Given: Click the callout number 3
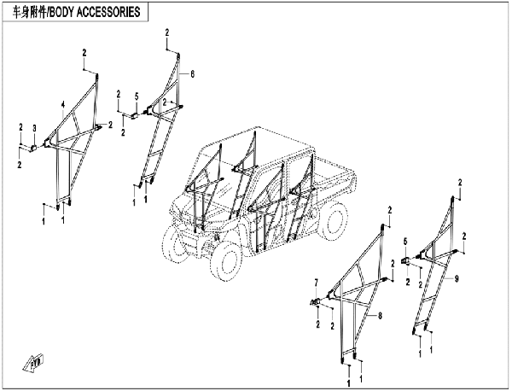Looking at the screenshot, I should click(x=33, y=128).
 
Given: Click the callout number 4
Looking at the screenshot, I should click(x=62, y=104).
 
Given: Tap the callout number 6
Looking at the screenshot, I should click(x=193, y=75).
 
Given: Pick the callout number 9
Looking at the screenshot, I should click(x=456, y=278).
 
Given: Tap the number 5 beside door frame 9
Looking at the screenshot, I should click(x=406, y=242).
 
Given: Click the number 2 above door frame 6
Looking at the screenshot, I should click(x=167, y=32).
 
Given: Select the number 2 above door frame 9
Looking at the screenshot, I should click(x=460, y=182).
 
